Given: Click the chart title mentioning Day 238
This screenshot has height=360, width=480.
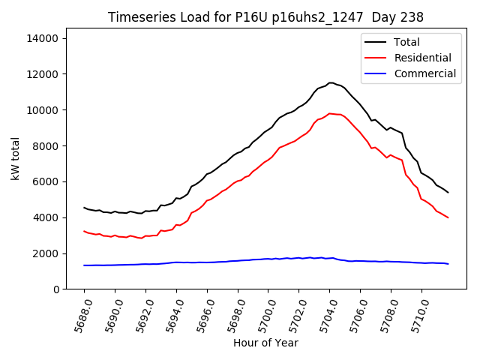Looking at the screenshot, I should tap(265, 17).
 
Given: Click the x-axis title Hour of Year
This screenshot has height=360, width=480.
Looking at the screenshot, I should tap(265, 343).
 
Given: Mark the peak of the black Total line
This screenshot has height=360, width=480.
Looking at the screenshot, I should tap(330, 82).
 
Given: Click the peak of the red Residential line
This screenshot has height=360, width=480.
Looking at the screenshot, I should tap(330, 113).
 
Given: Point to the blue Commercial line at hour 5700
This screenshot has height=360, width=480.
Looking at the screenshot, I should tap(268, 259).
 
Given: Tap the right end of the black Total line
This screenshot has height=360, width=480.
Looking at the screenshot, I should tap(448, 193).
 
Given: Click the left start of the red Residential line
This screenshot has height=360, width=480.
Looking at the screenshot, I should tap(84, 231).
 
